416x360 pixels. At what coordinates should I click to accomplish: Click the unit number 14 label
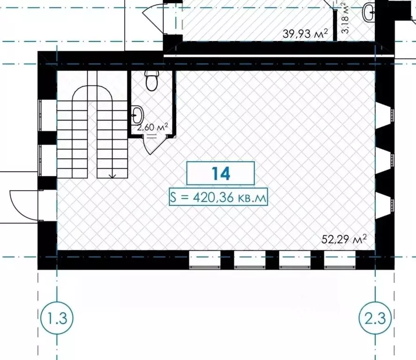click(221, 173)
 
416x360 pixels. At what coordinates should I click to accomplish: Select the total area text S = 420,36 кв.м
click(218, 197)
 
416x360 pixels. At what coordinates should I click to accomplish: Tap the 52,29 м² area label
click(344, 239)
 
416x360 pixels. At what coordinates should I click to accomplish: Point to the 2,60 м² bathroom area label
click(152, 127)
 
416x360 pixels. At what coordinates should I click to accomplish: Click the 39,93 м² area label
click(305, 34)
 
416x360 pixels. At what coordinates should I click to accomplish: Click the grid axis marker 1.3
click(57, 318)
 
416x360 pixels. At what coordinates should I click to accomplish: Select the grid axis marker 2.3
click(375, 318)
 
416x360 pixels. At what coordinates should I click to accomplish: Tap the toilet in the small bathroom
click(152, 81)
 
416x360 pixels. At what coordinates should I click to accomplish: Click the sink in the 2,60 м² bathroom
click(137, 115)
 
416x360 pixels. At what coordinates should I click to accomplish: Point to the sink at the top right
click(369, 12)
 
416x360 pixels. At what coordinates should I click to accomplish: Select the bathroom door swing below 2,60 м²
click(153, 145)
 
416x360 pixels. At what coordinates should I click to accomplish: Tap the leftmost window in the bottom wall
click(205, 260)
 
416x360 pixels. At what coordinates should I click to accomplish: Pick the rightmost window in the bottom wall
click(340, 260)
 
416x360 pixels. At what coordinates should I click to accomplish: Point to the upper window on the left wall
click(48, 115)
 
